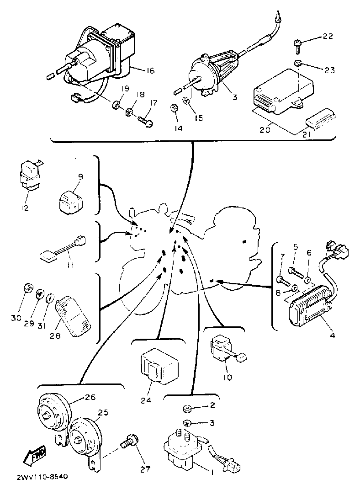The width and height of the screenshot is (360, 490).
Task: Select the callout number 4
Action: pos(332,336)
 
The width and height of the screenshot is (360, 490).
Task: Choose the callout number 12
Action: pos(25,208)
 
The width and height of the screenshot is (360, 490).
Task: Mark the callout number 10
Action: pos(228,377)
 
